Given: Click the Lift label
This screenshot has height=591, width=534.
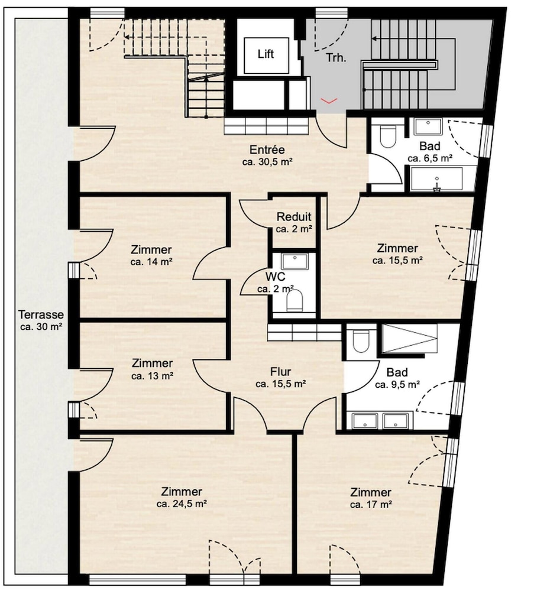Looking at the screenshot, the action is tap(266, 54).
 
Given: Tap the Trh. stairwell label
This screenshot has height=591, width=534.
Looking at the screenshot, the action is tap(336, 58).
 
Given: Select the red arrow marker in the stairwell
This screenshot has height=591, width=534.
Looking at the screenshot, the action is tap(329, 100).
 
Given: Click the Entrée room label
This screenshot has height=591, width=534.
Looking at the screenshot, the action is tap(267, 150).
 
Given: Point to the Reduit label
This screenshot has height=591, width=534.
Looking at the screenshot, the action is tap(294, 217).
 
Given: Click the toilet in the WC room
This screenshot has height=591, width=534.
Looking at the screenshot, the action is tap(295, 300).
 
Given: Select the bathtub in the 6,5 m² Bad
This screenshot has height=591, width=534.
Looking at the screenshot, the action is tap(436, 179).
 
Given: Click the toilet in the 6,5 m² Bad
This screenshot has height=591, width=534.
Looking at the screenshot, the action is tap(387, 136).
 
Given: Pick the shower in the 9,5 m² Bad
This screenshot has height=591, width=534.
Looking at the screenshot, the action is tap(410, 339).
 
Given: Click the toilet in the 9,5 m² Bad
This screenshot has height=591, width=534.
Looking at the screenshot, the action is tap(361, 341).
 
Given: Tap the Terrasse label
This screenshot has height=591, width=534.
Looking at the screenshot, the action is tap(41, 314).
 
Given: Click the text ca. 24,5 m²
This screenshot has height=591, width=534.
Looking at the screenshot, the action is tap(182, 504).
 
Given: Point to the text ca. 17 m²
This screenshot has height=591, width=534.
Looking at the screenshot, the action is tap(371, 505).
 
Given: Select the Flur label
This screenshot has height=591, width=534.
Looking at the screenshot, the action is tap(280, 372).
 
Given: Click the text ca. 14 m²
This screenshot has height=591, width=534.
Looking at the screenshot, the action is tap(151, 262).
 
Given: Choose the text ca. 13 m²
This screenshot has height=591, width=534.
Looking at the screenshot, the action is tap(153, 376).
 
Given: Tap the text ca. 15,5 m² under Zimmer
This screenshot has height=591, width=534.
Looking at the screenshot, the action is tap(397, 261).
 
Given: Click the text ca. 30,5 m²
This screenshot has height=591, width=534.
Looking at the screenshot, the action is tap(268, 162).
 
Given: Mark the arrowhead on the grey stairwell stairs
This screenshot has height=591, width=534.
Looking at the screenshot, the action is tap(374, 38).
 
